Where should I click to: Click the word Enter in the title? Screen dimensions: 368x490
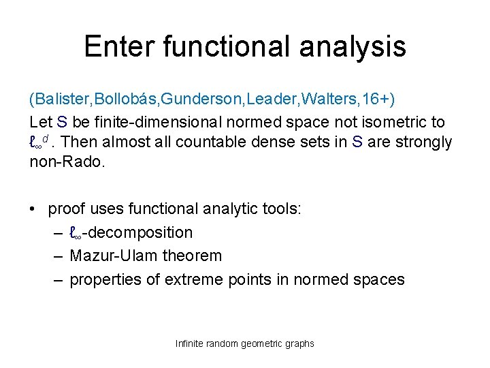coord(120,46)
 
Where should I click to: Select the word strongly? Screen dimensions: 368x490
coord(425,142)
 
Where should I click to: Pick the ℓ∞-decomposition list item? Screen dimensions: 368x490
coord(131,232)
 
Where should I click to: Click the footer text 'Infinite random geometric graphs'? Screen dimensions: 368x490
coord(244,343)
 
